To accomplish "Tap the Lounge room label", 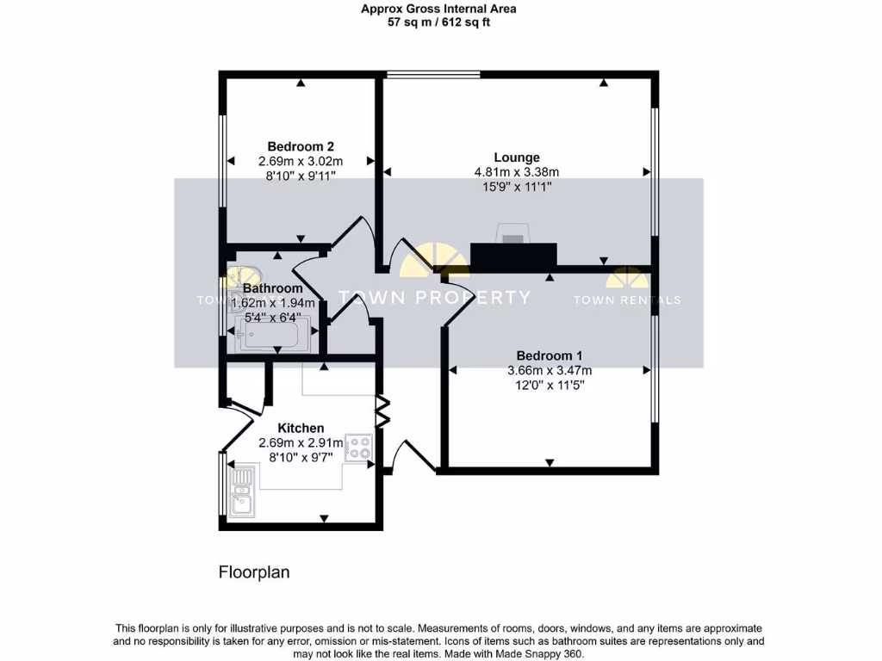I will tap(517, 158).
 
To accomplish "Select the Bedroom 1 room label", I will tap(550, 355).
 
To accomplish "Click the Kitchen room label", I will tap(301, 428).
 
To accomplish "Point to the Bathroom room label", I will tap(272, 288).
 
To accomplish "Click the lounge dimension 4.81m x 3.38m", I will tap(517, 172).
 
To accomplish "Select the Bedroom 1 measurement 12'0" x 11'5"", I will tap(550, 386).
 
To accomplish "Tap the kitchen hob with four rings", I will tap(357, 447).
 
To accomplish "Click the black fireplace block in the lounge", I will tap(513, 254).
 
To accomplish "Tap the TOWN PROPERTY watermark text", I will tap(434, 298).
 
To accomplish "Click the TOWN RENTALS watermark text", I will tap(627, 300).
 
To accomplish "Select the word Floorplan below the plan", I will tap(254, 571).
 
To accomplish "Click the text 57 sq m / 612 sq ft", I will tap(439, 22).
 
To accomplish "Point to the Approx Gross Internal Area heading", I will tap(439, 9).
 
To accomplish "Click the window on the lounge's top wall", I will tap(433, 75).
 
